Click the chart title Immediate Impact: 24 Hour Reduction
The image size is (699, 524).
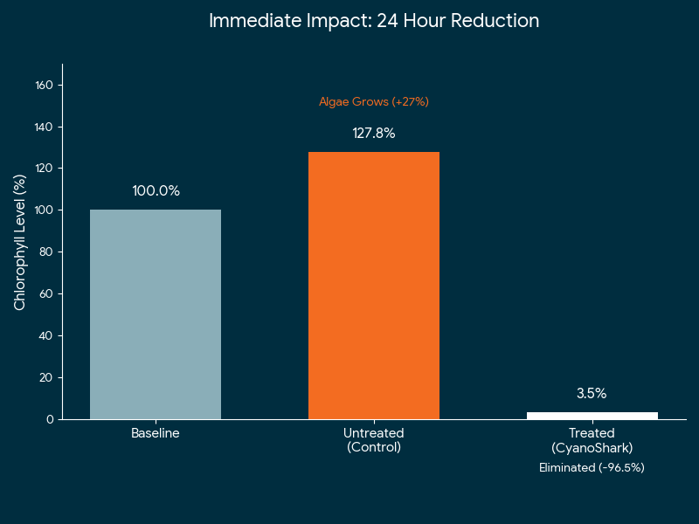374,21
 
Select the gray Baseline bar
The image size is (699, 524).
156,314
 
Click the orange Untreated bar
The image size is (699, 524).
374,286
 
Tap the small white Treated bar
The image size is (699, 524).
592,416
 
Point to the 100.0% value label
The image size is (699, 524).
156,191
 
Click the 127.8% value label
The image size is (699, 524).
374,134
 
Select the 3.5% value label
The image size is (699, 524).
592,394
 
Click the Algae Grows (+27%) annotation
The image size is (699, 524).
374,102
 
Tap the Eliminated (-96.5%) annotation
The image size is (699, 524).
592,468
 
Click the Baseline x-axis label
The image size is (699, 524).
156,433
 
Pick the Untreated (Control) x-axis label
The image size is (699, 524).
374,440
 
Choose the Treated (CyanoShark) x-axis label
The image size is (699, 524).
592,440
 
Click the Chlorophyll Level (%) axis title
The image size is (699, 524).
20,242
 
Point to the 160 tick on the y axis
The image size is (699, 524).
45,85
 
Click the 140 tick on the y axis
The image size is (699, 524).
45,127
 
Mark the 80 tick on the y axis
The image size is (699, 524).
47,252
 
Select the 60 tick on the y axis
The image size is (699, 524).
47,294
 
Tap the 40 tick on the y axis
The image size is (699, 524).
47,336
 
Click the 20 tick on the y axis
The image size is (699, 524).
47,378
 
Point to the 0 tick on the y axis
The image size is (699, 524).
50,420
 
